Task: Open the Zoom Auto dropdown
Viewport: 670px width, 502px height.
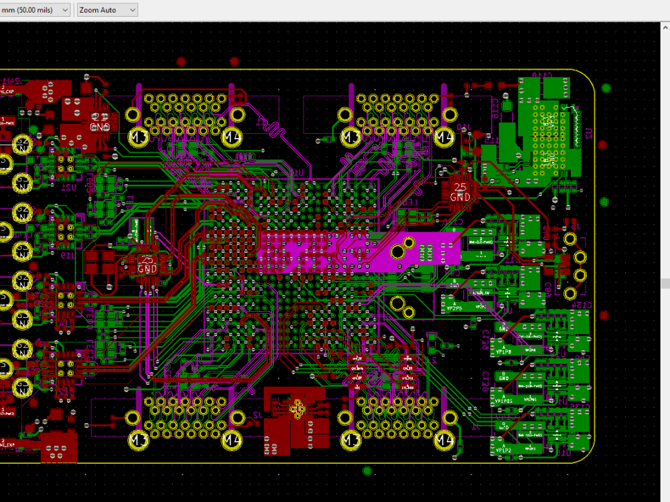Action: point(107,10)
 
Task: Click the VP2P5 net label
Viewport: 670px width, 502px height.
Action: point(454,309)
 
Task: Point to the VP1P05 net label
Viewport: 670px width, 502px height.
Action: point(503,401)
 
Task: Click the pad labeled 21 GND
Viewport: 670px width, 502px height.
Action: point(100,122)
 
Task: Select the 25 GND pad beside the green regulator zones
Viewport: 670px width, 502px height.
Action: point(460,193)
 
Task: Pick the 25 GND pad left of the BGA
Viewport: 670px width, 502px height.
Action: point(147,264)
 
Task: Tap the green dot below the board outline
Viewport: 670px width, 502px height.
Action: point(367,471)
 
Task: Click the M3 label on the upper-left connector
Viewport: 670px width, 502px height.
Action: point(139,138)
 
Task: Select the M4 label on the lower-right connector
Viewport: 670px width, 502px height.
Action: point(444,440)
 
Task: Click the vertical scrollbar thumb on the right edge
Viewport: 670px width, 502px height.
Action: point(665,284)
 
